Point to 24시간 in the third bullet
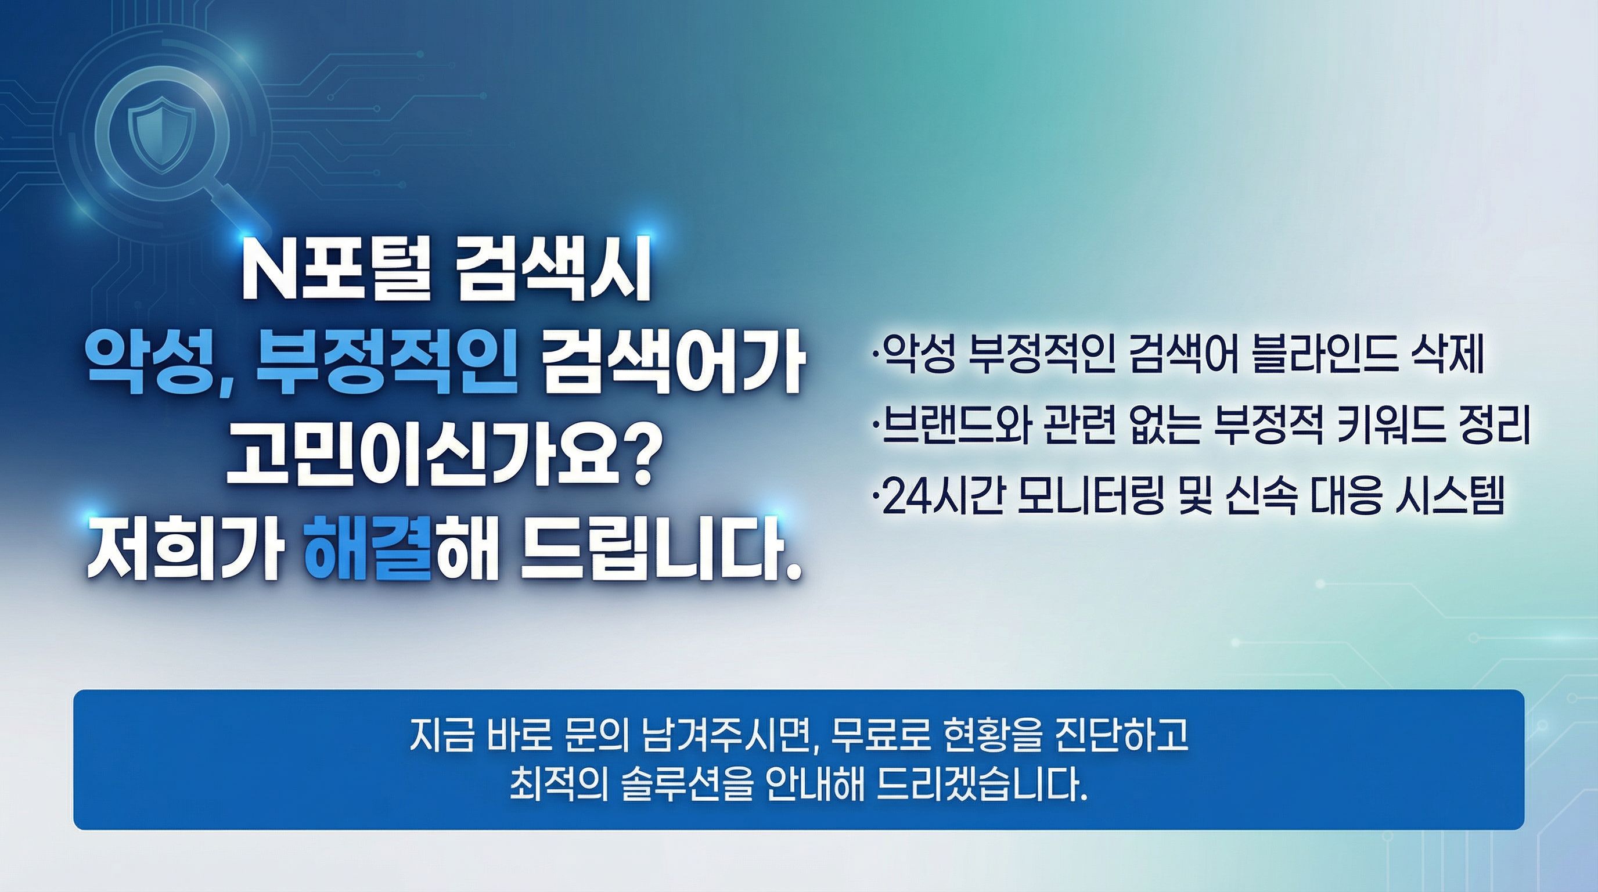(x=934, y=497)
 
